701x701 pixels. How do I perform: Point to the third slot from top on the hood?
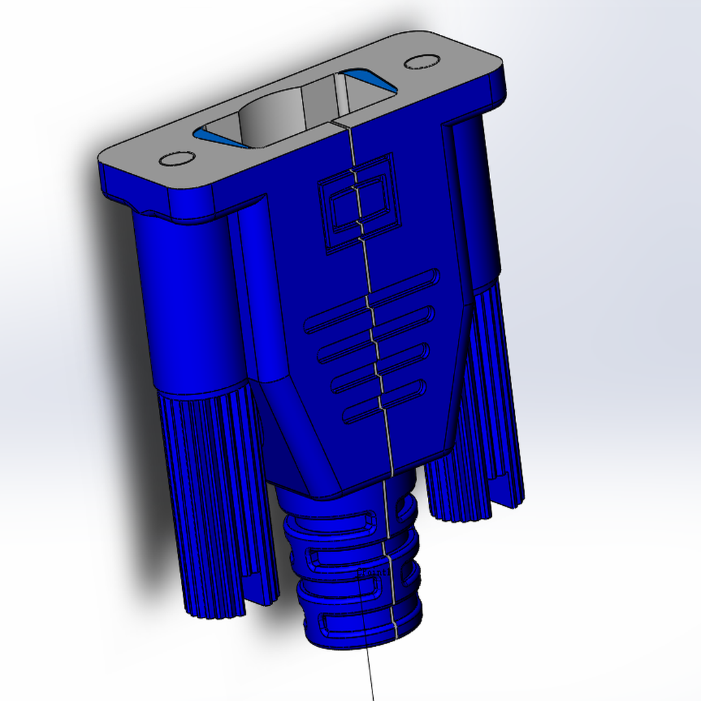click(381, 368)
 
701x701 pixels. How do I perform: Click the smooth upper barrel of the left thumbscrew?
click(188, 301)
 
